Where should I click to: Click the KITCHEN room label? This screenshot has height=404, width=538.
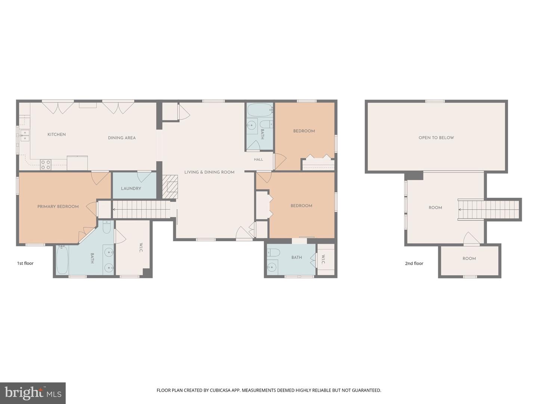pos(56,134)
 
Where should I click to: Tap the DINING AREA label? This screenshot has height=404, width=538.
pos(122,138)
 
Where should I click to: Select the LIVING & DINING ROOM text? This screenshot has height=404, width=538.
pos(209,172)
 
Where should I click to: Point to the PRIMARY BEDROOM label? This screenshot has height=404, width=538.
pos(58,206)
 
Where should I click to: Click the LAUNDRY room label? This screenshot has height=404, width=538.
pos(131,189)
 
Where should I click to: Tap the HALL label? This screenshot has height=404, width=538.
pos(258,159)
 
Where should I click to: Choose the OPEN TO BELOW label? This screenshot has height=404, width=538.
pos(436,138)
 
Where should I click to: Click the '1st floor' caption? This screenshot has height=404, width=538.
pos(25,263)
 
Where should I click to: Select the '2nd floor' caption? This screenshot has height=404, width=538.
pos(414,263)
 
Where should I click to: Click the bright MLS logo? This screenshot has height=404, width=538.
pos(33,393)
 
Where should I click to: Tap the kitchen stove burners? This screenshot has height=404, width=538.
pos(46,165)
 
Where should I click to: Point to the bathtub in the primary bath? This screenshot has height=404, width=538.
pos(62,260)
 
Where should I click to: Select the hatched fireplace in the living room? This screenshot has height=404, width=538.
pos(170,187)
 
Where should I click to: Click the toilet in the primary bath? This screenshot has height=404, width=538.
pos(106,227)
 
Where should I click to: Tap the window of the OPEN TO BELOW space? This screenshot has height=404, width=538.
pos(435,101)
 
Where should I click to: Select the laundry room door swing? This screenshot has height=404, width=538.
pos(144,177)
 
